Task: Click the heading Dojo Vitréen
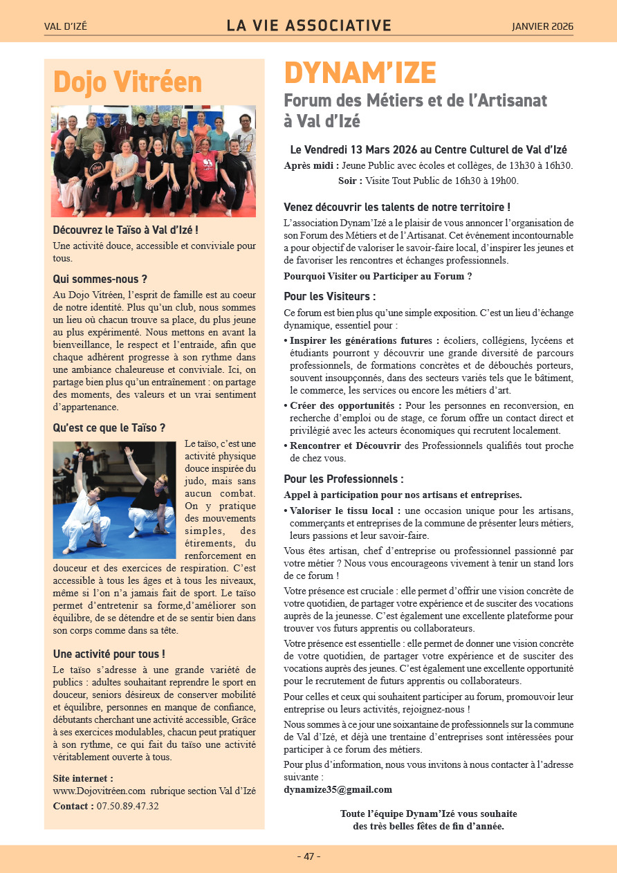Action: (x=127, y=82)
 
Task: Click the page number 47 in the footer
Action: (x=308, y=856)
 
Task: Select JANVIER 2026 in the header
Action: (x=542, y=27)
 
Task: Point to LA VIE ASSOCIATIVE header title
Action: (x=308, y=26)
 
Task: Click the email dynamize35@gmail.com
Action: (x=338, y=789)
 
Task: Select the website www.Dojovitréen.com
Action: (x=99, y=791)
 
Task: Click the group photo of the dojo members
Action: (x=153, y=161)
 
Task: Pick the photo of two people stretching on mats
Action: (x=114, y=499)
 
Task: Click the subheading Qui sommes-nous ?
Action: (x=100, y=279)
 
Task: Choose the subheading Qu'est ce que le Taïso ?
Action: (x=109, y=428)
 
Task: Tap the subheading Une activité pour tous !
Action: (x=109, y=654)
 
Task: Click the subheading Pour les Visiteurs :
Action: (x=329, y=297)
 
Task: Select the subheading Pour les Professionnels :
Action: (x=343, y=479)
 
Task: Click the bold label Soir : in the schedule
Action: (x=351, y=181)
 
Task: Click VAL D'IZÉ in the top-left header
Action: (x=66, y=27)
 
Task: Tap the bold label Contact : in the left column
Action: (x=73, y=806)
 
